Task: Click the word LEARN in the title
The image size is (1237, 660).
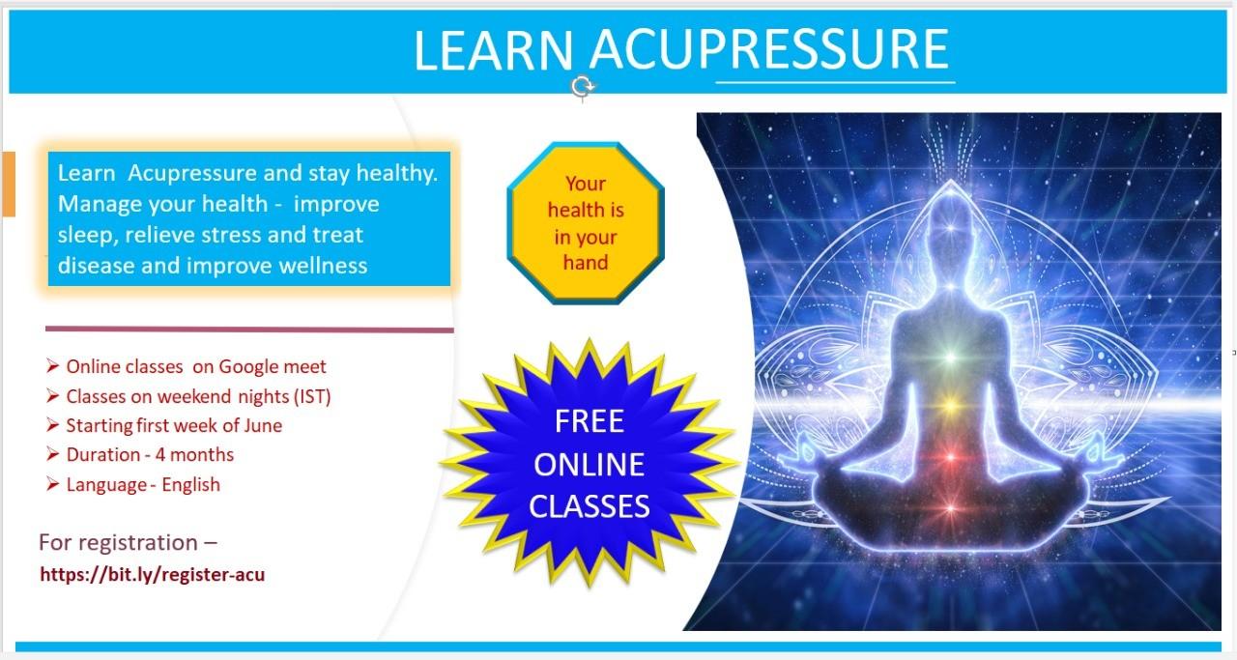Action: tap(493, 50)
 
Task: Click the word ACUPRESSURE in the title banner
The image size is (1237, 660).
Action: tap(770, 50)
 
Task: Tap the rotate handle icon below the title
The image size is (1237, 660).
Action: tap(582, 87)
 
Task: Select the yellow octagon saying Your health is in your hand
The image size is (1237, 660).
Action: tap(586, 223)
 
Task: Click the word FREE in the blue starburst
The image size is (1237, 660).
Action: tap(590, 421)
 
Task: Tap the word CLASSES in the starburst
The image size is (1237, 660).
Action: tap(590, 506)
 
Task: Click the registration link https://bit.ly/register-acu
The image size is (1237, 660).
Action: tap(153, 575)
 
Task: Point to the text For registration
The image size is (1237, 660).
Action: tap(118, 542)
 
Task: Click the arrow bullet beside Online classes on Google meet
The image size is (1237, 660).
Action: tap(52, 365)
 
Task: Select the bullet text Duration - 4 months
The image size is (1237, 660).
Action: tap(150, 454)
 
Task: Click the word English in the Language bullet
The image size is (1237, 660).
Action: tap(190, 484)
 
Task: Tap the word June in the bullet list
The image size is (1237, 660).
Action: tap(263, 425)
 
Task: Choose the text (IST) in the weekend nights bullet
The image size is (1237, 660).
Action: tap(312, 396)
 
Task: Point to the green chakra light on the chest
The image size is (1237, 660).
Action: tap(950, 358)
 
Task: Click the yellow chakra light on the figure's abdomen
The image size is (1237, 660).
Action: tap(950, 406)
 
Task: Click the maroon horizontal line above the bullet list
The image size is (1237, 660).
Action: tap(249, 330)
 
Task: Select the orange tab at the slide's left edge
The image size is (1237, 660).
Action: tap(9, 184)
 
